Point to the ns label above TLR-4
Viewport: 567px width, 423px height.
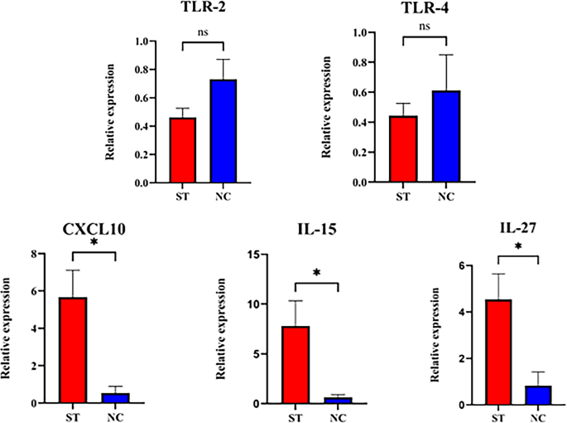tap(424, 26)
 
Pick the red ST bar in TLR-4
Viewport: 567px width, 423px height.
tap(404, 149)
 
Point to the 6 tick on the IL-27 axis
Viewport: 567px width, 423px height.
tap(471, 266)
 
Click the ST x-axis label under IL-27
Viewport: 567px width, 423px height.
tap(497, 416)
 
